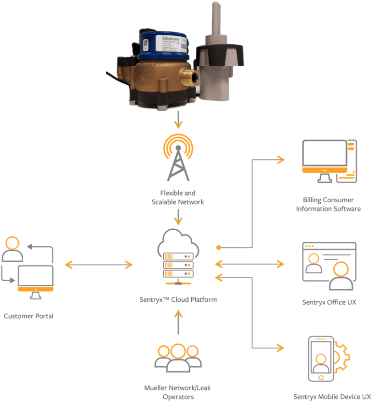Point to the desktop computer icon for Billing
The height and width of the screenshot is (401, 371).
coord(329,162)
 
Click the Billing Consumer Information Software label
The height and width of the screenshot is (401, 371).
coord(328,205)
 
